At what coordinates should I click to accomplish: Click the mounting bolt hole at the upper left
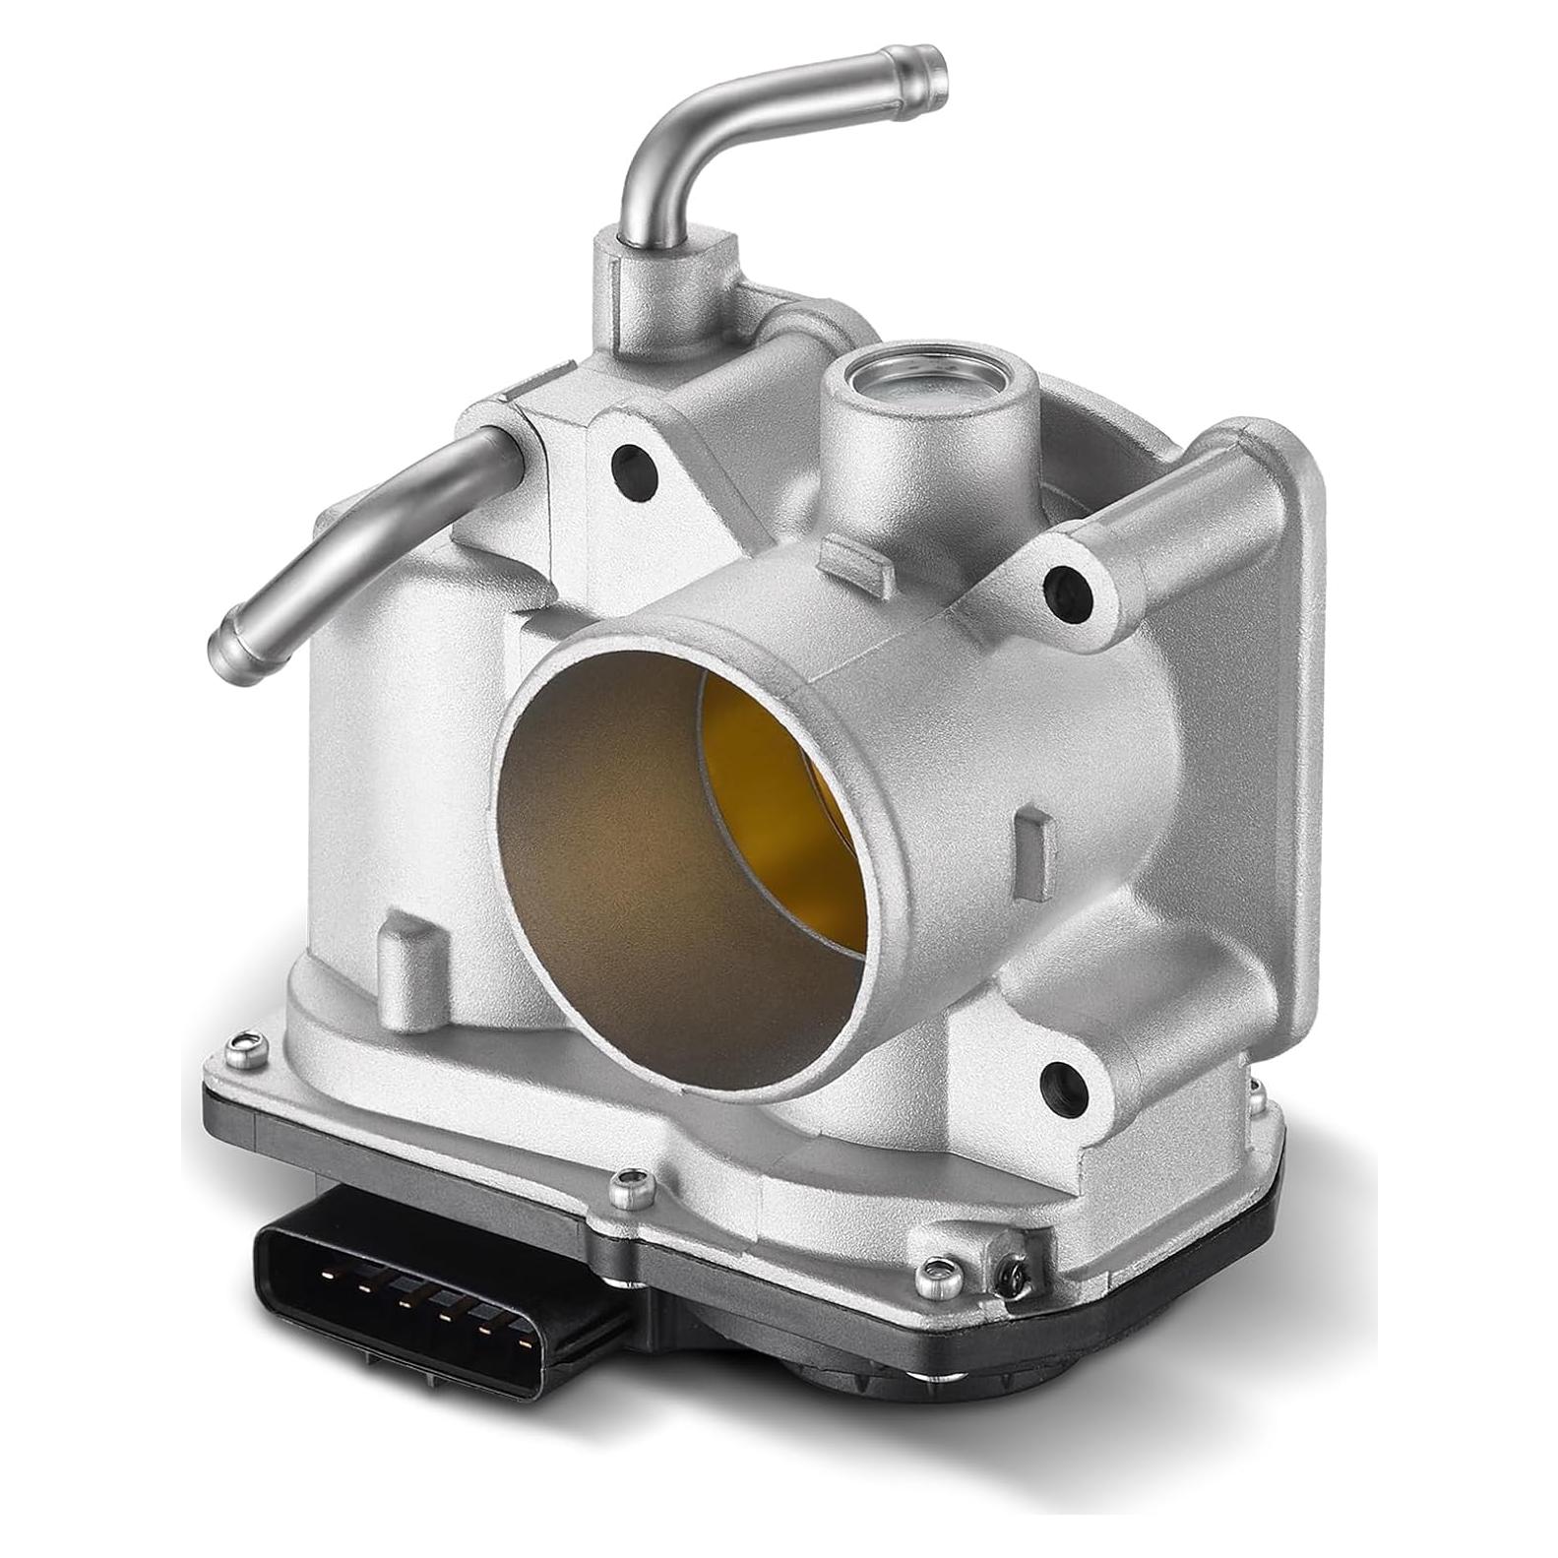coord(633,470)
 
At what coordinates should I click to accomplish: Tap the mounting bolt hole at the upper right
coord(1067,591)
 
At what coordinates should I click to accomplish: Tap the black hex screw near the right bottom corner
coord(1012,1277)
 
